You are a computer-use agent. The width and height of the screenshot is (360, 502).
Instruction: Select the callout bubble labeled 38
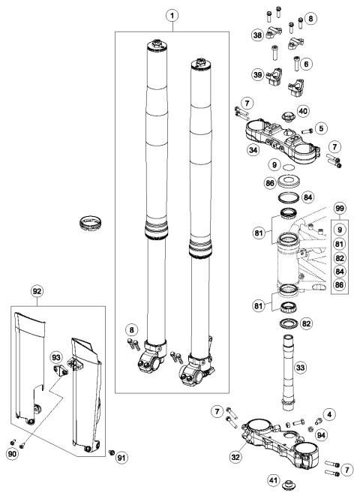point(257,35)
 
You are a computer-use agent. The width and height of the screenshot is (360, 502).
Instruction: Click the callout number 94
point(321,434)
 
